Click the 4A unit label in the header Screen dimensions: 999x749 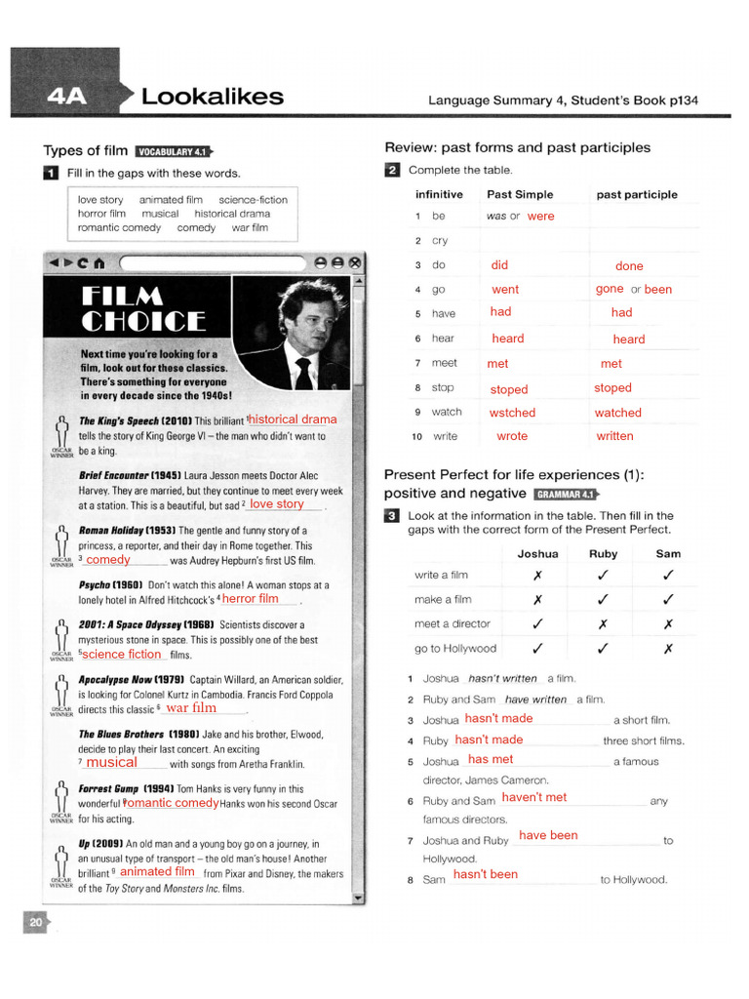(65, 97)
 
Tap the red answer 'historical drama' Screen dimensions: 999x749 (293, 420)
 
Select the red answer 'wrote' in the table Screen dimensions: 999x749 (511, 436)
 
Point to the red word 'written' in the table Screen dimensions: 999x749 (614, 436)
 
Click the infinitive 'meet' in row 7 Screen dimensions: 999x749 (444, 363)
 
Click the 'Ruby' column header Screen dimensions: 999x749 (603, 553)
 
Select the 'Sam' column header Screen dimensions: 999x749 (668, 553)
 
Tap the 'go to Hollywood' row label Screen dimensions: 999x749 (454, 648)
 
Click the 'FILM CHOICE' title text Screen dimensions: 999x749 (144, 308)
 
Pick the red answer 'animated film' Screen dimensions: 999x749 (158, 871)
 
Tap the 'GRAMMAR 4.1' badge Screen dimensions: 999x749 (565, 495)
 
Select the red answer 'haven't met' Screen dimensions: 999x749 (533, 797)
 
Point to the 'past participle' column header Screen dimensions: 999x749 (636, 194)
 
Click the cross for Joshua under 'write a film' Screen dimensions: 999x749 (537, 576)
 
